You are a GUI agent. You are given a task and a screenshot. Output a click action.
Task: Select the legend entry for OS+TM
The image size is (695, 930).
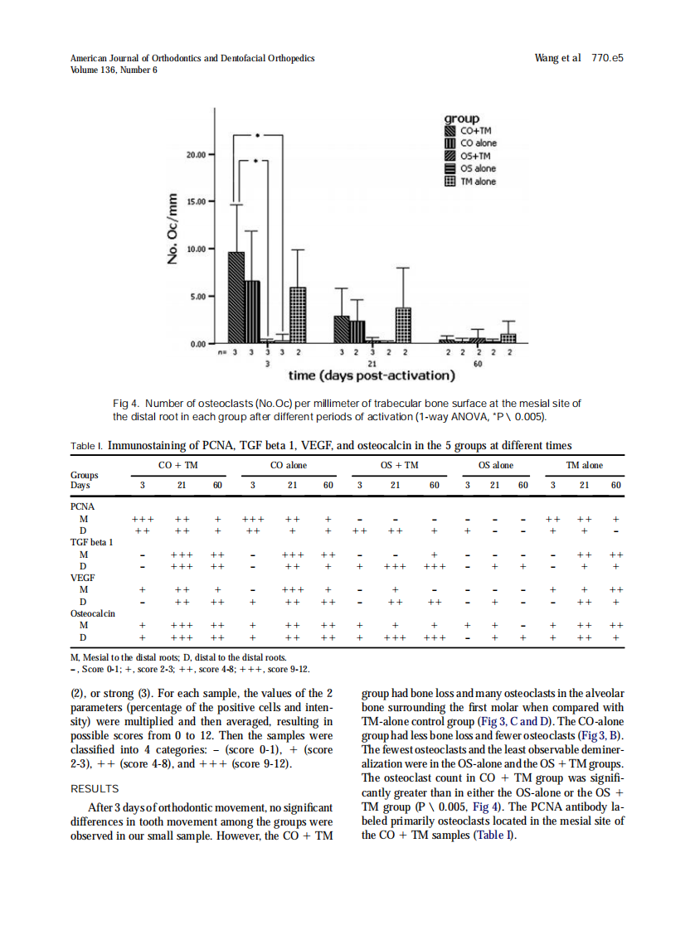474,156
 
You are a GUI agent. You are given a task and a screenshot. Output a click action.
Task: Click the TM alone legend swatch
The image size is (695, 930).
450,182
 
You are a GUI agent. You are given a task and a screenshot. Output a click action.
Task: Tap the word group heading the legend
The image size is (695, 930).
462,119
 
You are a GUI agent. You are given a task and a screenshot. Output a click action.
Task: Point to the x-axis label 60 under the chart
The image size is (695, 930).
478,363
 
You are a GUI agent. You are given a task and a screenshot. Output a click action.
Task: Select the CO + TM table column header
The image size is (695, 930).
177,465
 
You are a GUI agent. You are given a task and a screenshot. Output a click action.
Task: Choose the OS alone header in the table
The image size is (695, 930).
496,465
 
